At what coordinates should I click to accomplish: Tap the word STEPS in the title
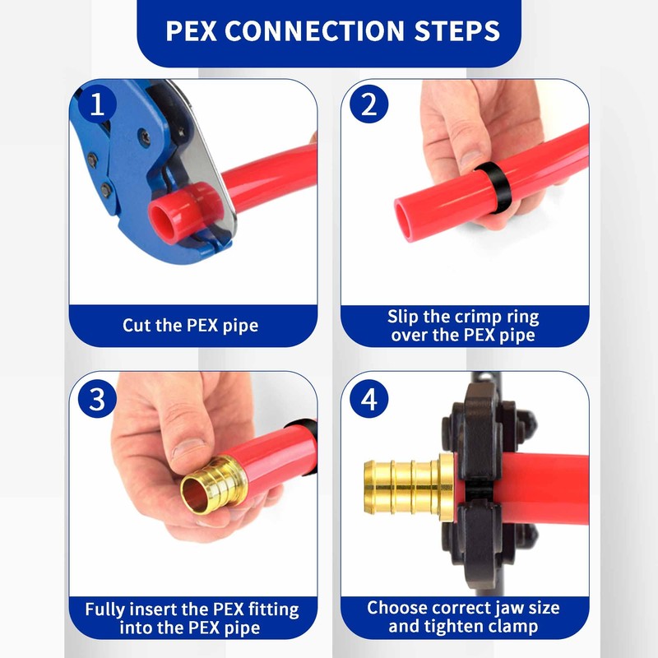(x=456, y=31)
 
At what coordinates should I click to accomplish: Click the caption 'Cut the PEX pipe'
(x=190, y=325)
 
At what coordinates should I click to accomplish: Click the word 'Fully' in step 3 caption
(x=109, y=610)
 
